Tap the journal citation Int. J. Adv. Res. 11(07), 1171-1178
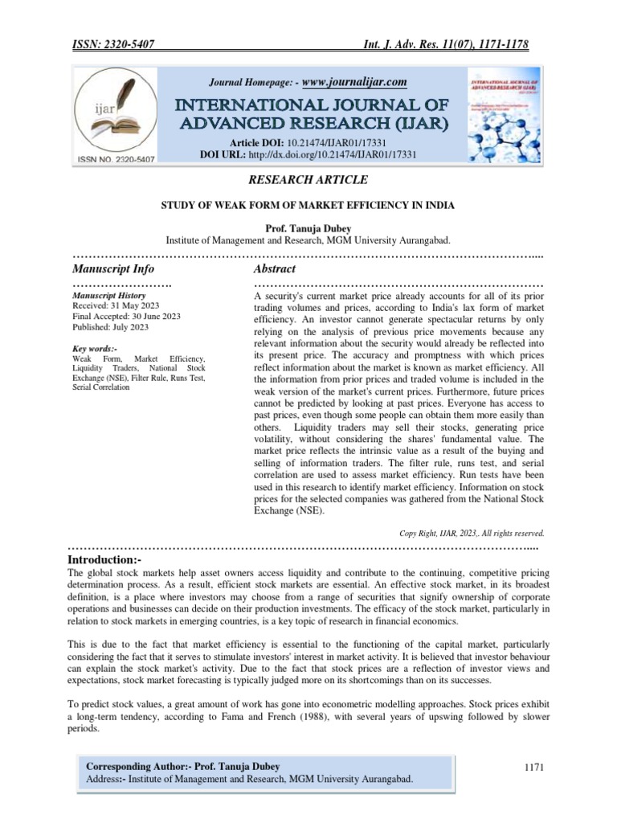point(446,46)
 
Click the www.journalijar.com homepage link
point(354,82)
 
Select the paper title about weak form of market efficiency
point(308,206)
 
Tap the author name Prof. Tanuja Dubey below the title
point(308,228)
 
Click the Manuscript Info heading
point(113,268)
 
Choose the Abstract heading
point(275,268)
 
